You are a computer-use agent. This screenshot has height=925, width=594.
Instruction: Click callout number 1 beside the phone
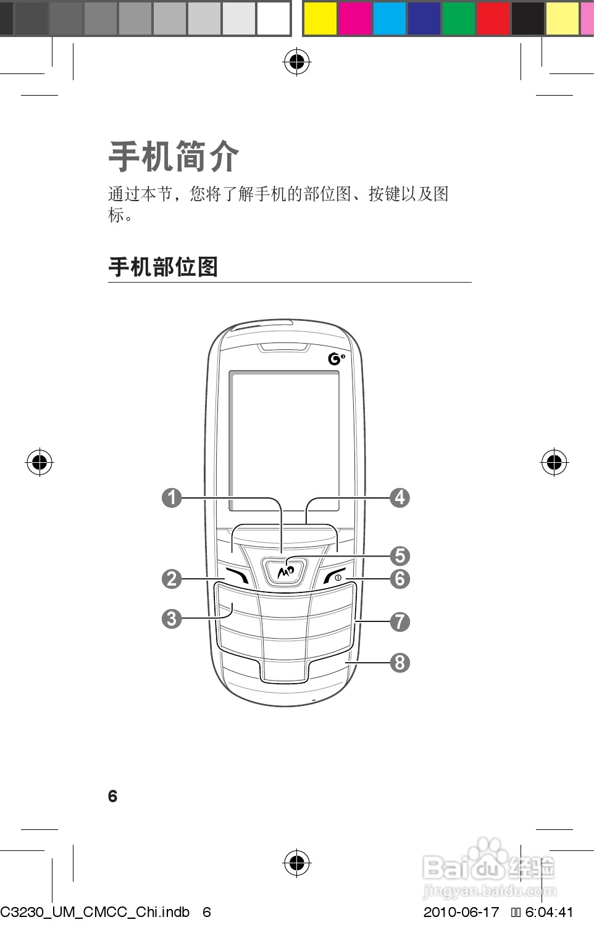tap(172, 497)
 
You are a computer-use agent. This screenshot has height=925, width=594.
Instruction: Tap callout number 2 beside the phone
tap(172, 579)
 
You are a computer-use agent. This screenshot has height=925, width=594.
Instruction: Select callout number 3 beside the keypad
tap(172, 618)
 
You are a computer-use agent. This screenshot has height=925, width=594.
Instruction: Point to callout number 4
tap(399, 497)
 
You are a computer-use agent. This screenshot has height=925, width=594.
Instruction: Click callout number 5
tap(399, 556)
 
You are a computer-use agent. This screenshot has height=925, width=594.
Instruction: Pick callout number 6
tap(399, 579)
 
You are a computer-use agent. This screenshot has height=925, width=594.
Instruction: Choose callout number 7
tap(399, 621)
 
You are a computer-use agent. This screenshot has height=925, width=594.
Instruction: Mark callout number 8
tap(399, 663)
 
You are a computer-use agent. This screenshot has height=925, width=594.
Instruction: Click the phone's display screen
tap(284, 441)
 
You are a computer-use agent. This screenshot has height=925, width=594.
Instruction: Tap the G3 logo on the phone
tap(336, 359)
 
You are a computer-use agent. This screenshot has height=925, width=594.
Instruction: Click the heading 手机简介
tap(174, 157)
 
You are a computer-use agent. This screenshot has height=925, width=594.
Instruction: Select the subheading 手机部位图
tap(163, 267)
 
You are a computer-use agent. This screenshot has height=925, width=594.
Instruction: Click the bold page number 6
tap(112, 797)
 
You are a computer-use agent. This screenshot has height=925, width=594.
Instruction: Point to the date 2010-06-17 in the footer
tap(461, 912)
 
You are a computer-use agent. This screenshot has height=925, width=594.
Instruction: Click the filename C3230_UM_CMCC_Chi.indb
tap(95, 912)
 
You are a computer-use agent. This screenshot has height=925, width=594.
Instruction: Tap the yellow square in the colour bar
tap(320, 18)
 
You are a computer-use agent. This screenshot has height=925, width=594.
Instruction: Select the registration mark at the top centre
tap(297, 62)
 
